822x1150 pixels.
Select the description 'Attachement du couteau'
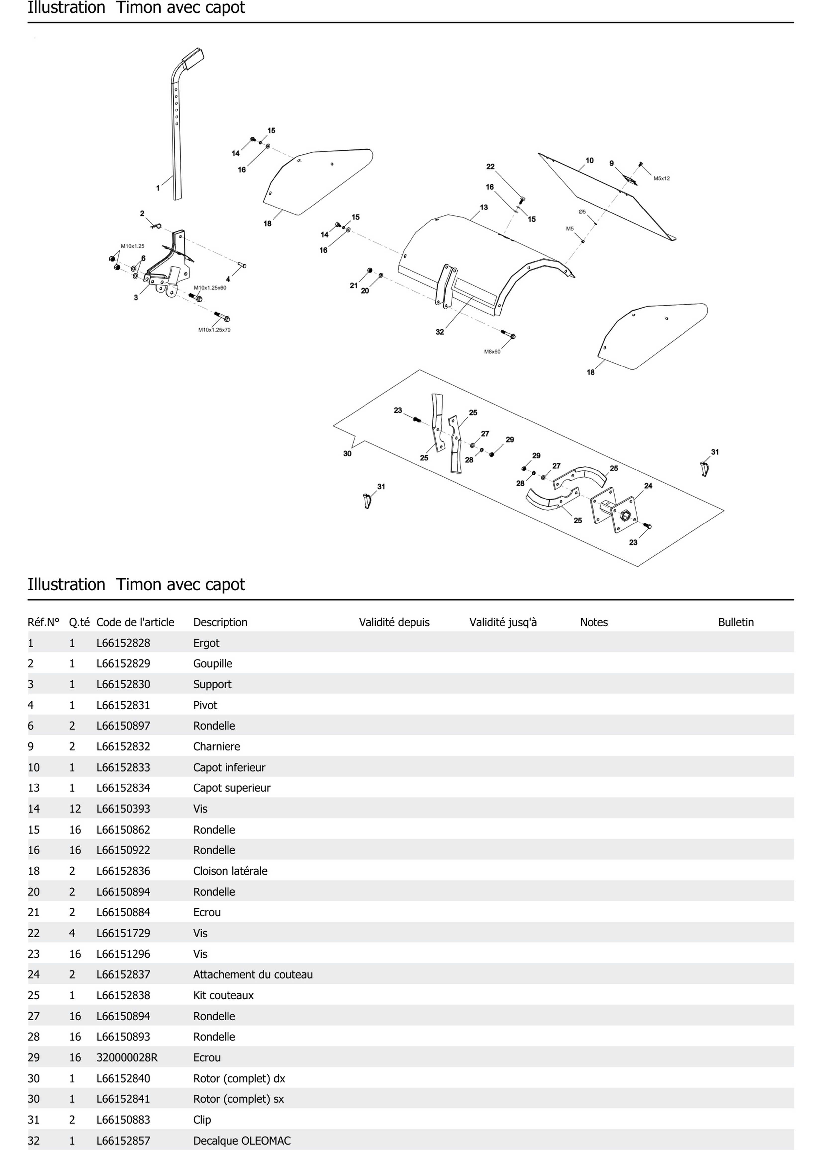point(253,974)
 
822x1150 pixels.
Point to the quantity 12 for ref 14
point(75,809)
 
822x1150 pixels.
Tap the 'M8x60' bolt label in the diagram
point(492,351)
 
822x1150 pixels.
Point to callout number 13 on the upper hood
point(484,207)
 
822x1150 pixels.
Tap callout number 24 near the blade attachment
point(648,486)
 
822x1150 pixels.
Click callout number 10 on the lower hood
point(590,160)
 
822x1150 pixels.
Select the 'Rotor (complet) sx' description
point(238,1099)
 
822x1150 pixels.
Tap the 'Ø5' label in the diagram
point(582,212)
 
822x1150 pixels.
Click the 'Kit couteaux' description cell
point(223,995)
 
